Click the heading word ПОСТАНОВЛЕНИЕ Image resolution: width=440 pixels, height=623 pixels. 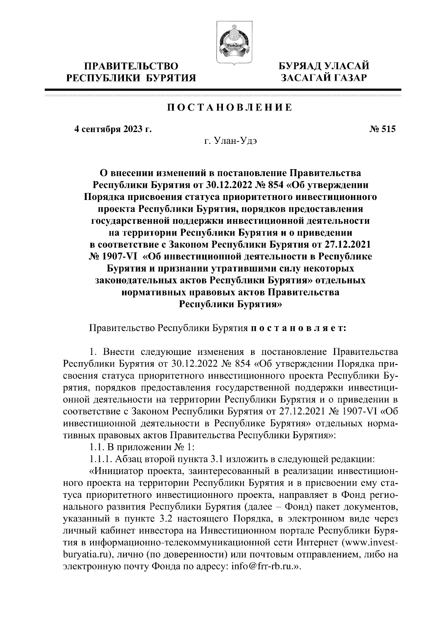click(x=230, y=108)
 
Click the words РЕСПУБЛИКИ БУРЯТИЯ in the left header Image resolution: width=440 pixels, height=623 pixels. click(x=131, y=77)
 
